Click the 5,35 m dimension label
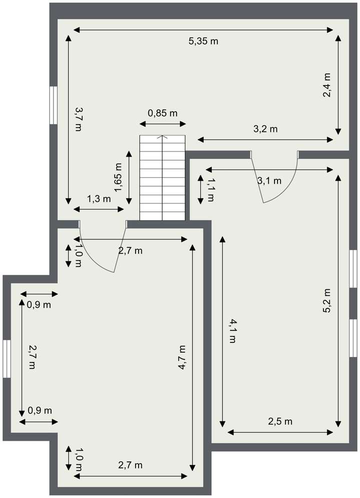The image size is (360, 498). [203, 42]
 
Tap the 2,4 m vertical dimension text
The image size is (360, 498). [327, 85]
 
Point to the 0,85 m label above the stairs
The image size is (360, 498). [162, 113]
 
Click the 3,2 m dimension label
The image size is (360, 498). [265, 129]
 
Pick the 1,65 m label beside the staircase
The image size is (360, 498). [118, 178]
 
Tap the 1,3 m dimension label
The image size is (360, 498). [99, 199]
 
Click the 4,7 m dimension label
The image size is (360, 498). [182, 357]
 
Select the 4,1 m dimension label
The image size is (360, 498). [231, 331]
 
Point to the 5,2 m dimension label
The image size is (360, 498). [327, 301]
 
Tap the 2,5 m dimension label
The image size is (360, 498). [280, 421]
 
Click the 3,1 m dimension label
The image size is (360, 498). [269, 181]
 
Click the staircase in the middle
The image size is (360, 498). [162, 178]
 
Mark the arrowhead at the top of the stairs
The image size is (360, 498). [162, 137]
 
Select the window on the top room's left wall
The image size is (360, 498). [53, 105]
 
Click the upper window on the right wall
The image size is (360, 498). [353, 269]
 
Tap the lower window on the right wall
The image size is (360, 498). [353, 338]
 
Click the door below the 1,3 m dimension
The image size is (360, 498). [102, 248]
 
